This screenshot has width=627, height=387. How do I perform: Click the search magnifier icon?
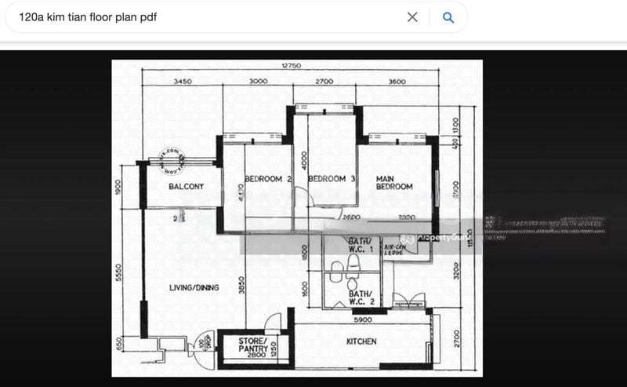[448, 17]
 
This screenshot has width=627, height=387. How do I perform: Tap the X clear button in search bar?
[412, 17]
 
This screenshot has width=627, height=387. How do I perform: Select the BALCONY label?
[186, 187]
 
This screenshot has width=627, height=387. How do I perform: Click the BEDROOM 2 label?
[268, 179]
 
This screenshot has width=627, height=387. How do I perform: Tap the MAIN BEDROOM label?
[394, 182]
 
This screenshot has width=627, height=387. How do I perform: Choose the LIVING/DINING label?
[194, 288]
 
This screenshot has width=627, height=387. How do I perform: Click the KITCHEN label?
[361, 341]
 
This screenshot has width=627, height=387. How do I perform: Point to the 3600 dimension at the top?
[397, 82]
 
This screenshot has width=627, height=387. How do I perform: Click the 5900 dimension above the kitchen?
[361, 320]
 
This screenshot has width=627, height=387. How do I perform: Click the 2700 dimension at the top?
[324, 82]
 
